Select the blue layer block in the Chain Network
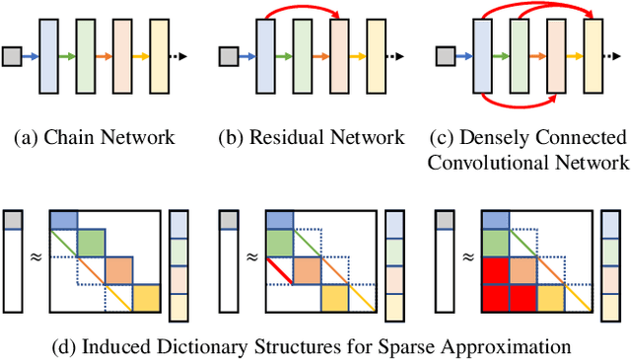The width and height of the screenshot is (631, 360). (x=46, y=56)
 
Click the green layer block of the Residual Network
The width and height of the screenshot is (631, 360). (x=302, y=56)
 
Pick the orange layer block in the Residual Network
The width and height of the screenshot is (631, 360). (x=339, y=56)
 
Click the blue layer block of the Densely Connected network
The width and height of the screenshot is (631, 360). (x=479, y=56)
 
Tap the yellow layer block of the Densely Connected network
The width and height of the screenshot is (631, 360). (x=592, y=56)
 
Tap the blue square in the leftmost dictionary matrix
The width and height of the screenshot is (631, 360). (x=62, y=221)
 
